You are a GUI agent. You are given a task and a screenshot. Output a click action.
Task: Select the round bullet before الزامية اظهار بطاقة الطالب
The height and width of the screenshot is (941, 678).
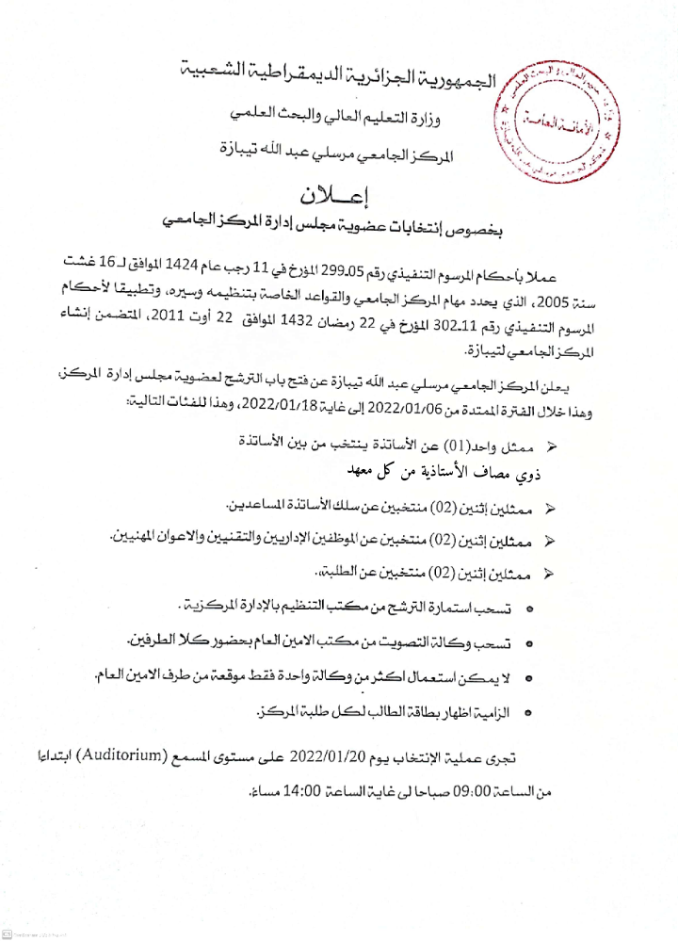528,714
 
